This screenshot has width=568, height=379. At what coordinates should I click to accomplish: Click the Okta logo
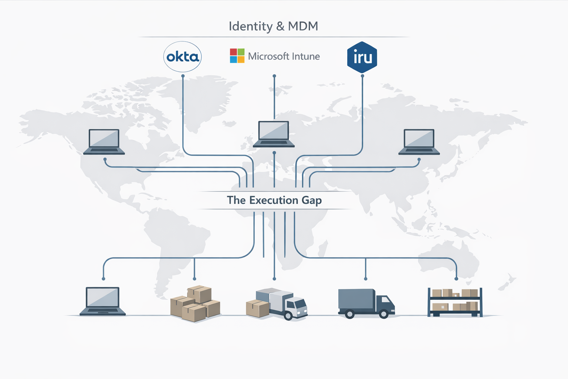pyautogui.click(x=182, y=57)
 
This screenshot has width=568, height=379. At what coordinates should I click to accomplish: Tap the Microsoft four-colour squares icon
pyautogui.click(x=237, y=56)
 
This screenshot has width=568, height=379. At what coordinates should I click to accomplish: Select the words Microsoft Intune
pyautogui.click(x=284, y=56)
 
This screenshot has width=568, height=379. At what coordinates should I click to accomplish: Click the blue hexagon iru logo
pyautogui.click(x=362, y=57)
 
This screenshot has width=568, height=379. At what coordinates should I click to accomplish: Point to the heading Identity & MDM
pyautogui.click(x=273, y=26)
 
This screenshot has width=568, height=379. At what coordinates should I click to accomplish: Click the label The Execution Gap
pyautogui.click(x=274, y=200)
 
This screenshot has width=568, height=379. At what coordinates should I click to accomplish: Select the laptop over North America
pyautogui.click(x=104, y=142)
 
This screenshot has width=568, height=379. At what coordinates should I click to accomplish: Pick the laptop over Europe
pyautogui.click(x=274, y=134)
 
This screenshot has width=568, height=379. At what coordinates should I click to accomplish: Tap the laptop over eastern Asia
pyautogui.click(x=419, y=142)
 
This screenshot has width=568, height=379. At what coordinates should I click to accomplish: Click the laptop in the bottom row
pyautogui.click(x=103, y=301)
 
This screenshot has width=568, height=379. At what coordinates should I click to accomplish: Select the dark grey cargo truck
pyautogui.click(x=366, y=303)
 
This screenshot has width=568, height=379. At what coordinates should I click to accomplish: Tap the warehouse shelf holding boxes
pyautogui.click(x=455, y=302)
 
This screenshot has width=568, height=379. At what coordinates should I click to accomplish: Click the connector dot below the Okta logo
pyautogui.click(x=183, y=76)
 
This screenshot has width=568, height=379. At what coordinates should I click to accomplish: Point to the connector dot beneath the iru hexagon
pyautogui.click(x=362, y=76)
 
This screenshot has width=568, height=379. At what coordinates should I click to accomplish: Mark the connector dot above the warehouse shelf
pyautogui.click(x=456, y=279)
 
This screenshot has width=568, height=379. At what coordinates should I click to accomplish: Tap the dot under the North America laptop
pyautogui.click(x=105, y=159)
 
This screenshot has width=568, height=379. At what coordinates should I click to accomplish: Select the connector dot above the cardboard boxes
pyautogui.click(x=195, y=279)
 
